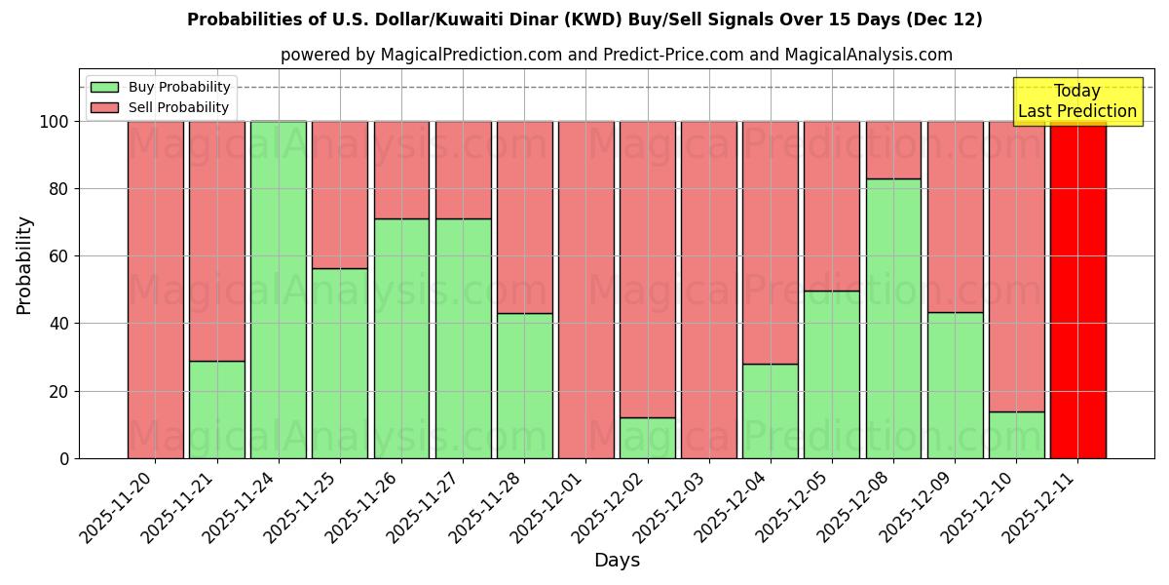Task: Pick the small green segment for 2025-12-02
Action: pyautogui.click(x=648, y=438)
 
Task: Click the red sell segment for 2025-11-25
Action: pyautogui.click(x=340, y=195)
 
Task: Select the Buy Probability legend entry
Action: pyautogui.click(x=161, y=87)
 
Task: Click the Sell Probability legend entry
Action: pyautogui.click(x=161, y=107)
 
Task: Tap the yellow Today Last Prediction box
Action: pyautogui.click(x=1077, y=101)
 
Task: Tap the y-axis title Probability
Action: pyautogui.click(x=24, y=265)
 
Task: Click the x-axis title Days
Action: pyautogui.click(x=617, y=561)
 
